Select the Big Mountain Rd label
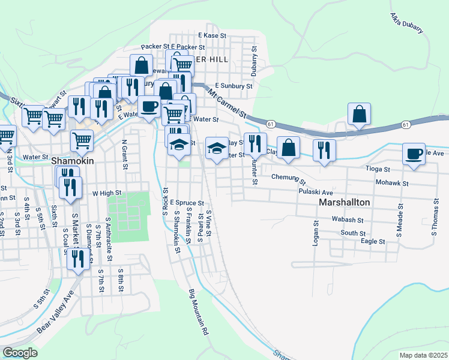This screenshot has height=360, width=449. point(198,312)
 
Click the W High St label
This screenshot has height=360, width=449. point(107,193)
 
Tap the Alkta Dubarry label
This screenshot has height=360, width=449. point(406,22)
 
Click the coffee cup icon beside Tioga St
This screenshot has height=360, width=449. point(414,154)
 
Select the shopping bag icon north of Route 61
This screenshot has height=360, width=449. point(359,114)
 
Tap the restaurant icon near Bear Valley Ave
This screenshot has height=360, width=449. point(76,259)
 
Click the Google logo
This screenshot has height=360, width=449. point(20,352)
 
